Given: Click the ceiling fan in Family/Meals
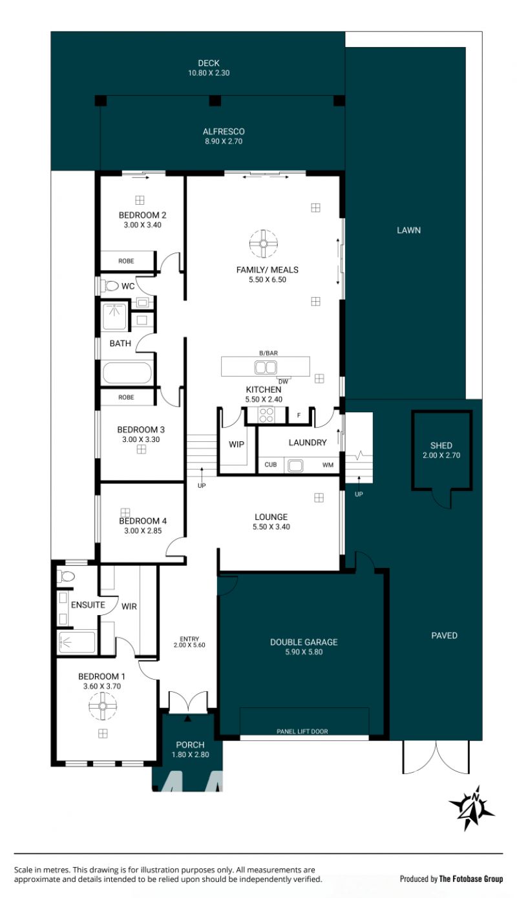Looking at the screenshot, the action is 263,244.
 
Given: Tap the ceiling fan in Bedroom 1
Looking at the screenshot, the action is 103,705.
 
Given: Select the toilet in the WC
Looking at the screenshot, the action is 111,286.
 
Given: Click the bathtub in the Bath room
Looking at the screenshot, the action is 127,373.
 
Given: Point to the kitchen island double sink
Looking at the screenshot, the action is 265,367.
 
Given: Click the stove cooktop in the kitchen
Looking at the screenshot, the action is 266,415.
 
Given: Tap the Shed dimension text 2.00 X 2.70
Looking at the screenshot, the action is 441,455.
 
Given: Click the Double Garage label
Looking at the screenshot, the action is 304,642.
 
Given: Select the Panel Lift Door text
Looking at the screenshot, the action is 302,731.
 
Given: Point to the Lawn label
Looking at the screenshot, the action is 408,230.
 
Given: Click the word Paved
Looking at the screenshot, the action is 444,635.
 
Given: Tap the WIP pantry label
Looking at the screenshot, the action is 237,444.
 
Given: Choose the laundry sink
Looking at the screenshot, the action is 295,465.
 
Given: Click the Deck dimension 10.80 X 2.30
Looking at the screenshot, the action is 209,73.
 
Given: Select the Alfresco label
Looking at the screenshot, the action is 224,131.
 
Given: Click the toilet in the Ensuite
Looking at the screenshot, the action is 66,576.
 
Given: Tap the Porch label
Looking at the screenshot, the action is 190,744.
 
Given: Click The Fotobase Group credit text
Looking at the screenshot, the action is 471,879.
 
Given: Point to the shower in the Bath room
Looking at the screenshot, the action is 115,316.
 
